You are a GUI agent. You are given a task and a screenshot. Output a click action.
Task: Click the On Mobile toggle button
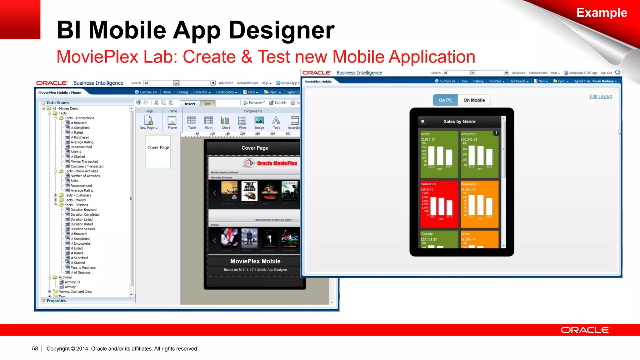pos(474,100)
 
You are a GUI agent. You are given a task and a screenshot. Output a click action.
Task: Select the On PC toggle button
pos(445,100)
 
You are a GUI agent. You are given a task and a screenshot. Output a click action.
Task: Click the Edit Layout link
pos(600,97)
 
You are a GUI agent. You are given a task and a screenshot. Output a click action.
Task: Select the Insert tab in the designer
pos(190,104)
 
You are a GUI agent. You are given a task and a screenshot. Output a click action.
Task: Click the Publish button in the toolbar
pos(278,103)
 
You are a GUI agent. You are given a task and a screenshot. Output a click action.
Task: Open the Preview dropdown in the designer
pos(254,103)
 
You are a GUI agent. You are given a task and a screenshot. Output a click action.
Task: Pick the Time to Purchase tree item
pos(83,268)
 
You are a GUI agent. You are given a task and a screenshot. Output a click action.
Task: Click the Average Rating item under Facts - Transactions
pos(82,142)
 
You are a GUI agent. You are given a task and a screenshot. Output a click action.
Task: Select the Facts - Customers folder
pos(77,195)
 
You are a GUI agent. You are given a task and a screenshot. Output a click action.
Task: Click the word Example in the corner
pos(602,13)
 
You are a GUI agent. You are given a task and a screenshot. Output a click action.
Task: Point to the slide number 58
pos(35,349)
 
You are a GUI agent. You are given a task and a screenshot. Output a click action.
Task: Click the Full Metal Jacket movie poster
pos(249,190)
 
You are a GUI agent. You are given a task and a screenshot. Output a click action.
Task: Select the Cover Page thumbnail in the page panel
pos(158,152)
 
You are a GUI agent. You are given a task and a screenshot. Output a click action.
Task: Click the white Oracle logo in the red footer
pos(585,330)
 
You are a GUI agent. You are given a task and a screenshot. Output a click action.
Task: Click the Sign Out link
pos(606,73)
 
